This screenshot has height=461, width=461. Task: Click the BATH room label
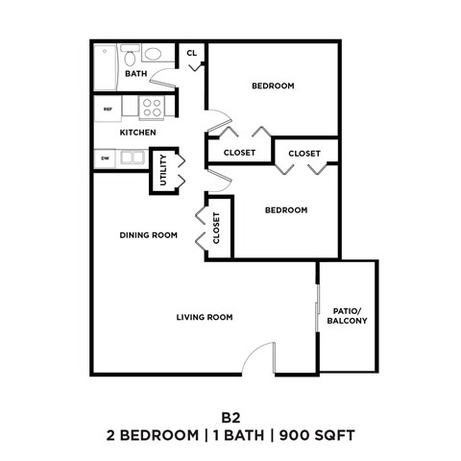coord(135,73)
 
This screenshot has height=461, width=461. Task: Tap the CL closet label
coord(192,53)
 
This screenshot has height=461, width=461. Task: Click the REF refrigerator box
coord(109,108)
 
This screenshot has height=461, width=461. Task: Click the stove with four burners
coord(152,107)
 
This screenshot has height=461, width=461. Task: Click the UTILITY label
coord(164,169)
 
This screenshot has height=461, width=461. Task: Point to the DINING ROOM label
coord(149,234)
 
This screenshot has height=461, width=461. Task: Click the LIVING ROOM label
coord(205,317)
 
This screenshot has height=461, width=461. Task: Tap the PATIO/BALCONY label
coord(347,316)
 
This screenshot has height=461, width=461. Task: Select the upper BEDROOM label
coord(273,85)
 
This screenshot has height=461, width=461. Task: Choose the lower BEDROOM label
coord(286,209)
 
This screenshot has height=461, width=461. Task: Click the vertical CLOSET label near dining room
coord(216,229)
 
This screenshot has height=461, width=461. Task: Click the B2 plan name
coord(230,418)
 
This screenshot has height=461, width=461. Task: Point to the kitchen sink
coord(132,157)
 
